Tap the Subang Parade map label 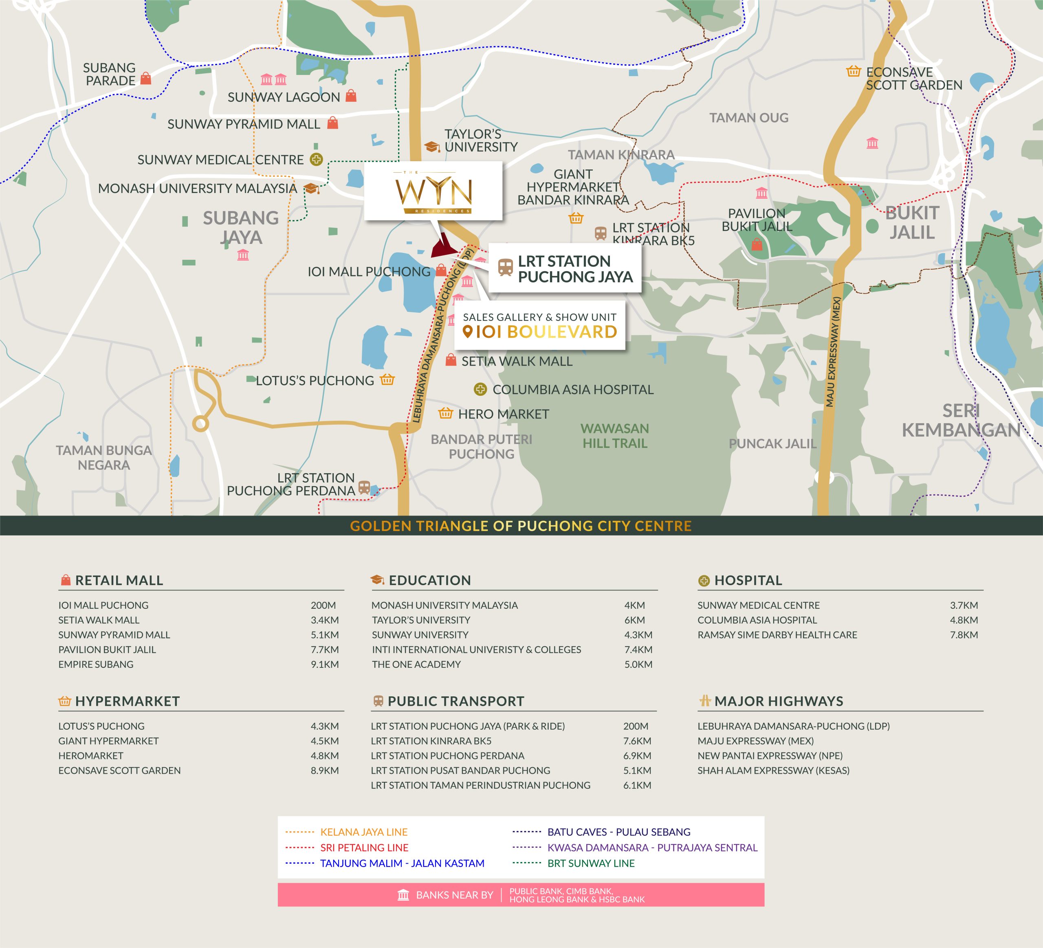click(x=110, y=75)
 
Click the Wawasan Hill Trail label click(x=615, y=435)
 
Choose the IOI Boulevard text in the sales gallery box click(x=546, y=332)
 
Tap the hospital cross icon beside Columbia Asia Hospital click(x=480, y=389)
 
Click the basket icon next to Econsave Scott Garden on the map click(x=853, y=71)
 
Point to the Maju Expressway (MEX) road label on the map click(x=834, y=352)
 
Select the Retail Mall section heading click(x=119, y=580)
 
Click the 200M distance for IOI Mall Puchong click(x=323, y=605)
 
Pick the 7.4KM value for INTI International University click(x=638, y=650)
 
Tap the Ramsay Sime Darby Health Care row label click(x=777, y=634)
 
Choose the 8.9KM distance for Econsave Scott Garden click(x=324, y=770)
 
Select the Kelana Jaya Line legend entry click(x=364, y=832)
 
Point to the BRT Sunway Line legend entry click(x=591, y=862)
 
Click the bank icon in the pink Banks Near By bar click(x=403, y=895)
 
